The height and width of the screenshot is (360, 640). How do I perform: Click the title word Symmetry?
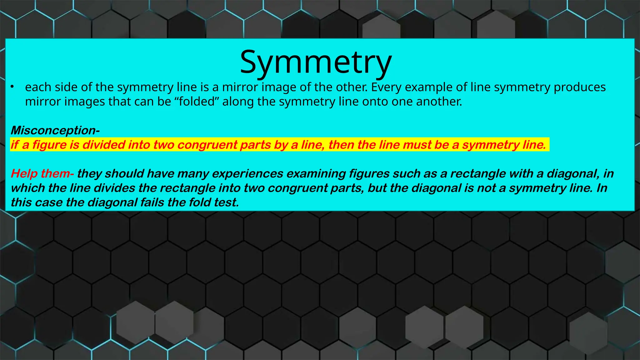point(316,62)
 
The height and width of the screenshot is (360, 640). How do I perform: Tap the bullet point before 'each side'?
point(12,87)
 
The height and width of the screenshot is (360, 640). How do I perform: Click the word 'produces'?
point(580,87)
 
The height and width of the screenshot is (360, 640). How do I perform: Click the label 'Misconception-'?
point(55,130)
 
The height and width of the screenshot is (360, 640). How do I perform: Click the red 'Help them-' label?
point(42,173)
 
